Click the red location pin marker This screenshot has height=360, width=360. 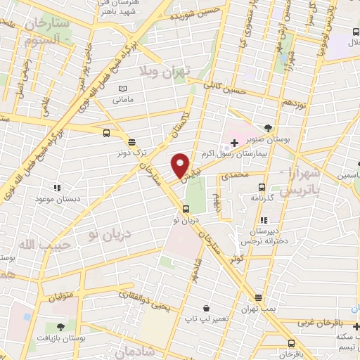click(181, 165)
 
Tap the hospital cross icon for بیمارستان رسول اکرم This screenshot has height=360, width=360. click(234, 143)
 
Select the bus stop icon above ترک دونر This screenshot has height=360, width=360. click(106, 131)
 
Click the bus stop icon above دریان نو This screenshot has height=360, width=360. click(186, 208)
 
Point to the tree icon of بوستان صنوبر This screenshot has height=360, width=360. click(269, 128)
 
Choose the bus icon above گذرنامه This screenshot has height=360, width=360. click(262, 187)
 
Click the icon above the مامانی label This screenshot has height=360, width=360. click(124, 89)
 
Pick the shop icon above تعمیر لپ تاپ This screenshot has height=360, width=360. click(206, 308)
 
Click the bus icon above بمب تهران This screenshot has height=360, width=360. click(259, 298)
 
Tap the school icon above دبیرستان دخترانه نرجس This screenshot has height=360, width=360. click(263, 221)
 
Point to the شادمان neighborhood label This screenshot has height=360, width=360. click(122, 350)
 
